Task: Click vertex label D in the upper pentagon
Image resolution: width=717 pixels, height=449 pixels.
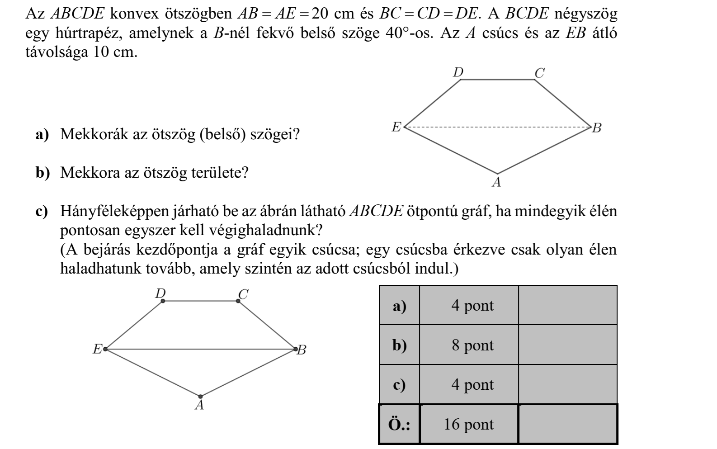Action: click(458, 72)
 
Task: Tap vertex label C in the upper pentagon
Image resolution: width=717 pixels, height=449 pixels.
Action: click(539, 73)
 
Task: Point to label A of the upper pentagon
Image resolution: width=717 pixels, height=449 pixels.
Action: click(497, 183)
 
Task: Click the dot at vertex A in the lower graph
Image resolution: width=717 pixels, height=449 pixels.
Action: click(201, 397)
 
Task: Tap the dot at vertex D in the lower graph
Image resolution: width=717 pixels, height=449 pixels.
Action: click(163, 300)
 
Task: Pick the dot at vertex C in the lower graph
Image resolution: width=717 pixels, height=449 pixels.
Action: click(239, 300)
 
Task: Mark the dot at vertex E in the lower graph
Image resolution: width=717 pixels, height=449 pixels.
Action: click(105, 349)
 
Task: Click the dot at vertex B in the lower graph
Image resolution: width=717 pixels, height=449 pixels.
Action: click(296, 349)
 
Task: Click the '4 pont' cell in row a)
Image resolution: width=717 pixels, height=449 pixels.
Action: click(469, 305)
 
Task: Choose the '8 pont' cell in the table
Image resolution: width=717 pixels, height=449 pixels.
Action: click(469, 345)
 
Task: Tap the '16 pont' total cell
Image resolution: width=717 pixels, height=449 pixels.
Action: click(469, 424)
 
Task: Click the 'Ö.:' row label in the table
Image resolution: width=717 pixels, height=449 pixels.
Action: click(399, 424)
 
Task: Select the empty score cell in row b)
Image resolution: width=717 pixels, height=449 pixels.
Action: click(567, 345)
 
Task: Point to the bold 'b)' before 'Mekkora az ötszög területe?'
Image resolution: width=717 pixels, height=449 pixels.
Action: click(43, 173)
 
